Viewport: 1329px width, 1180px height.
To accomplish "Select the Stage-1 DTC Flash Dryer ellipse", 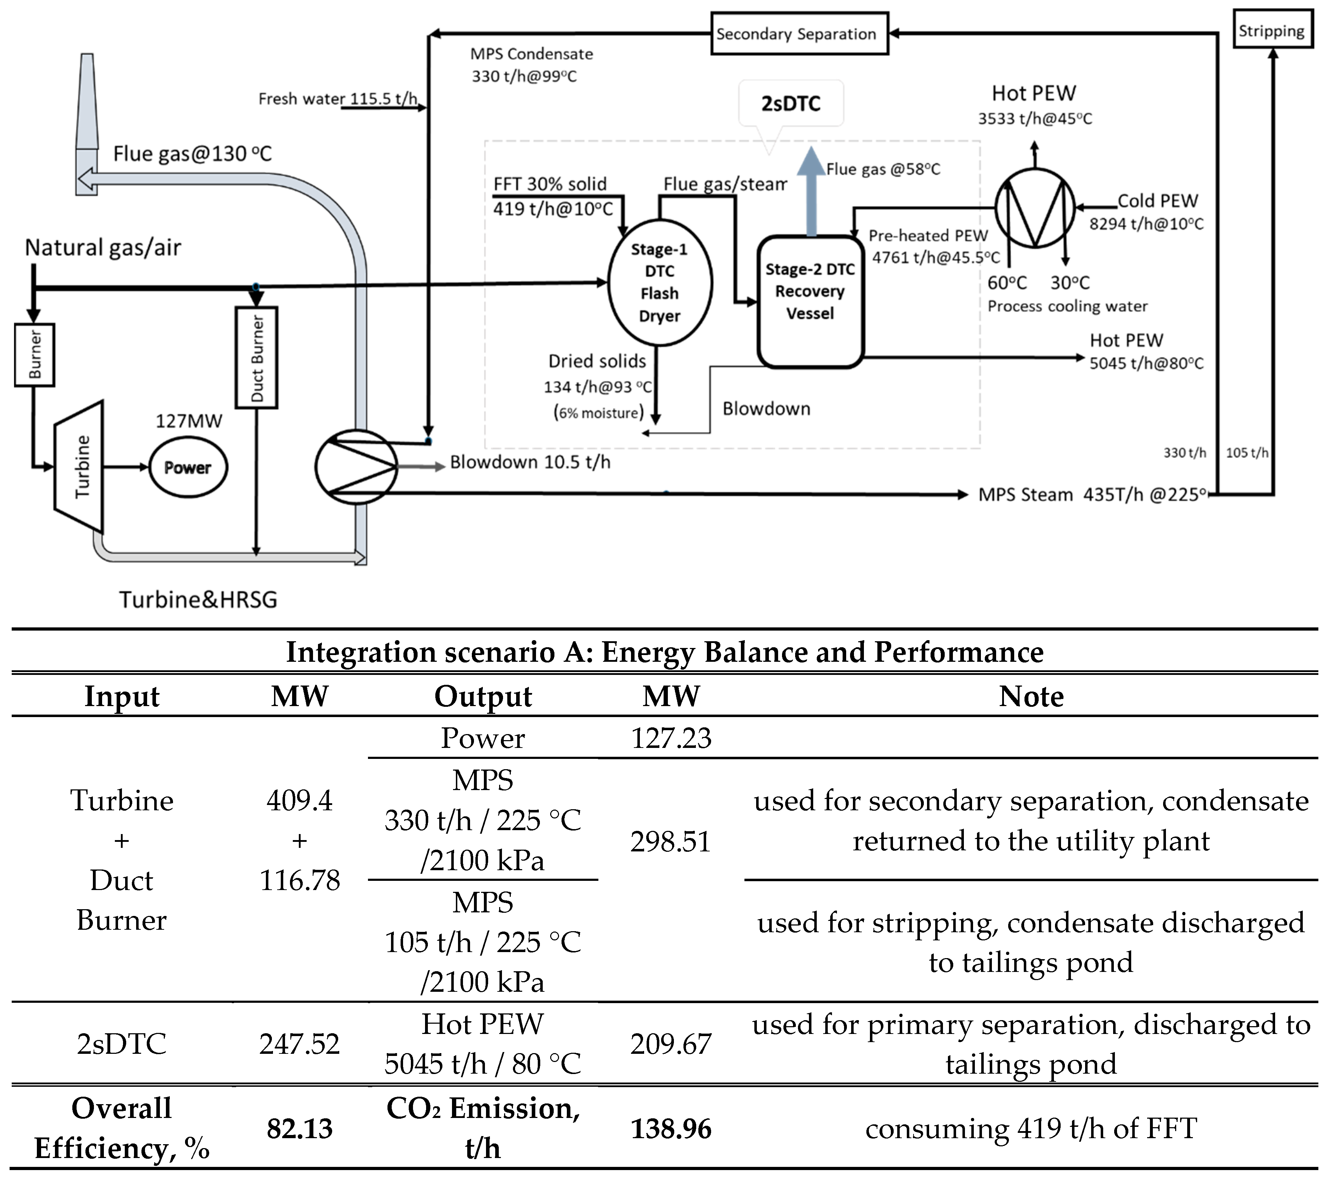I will pos(659,283).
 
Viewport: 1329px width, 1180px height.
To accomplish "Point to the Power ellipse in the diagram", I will pos(188,468).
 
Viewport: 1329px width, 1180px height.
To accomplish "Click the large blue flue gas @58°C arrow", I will pos(811,192).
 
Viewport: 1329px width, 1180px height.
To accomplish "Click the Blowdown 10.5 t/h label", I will pos(530,462).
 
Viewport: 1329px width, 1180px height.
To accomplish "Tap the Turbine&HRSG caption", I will pos(198,599).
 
